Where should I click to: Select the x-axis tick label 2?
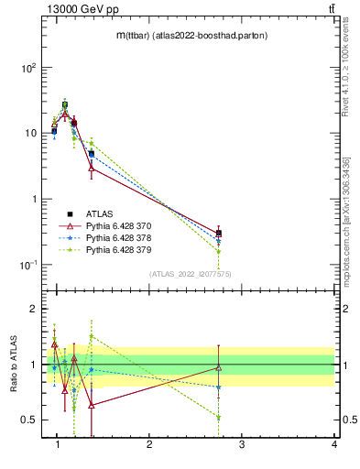(x=149, y=444)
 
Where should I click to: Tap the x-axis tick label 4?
(x=333, y=444)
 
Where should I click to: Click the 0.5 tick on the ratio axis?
(x=27, y=420)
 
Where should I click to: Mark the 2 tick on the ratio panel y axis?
(x=31, y=309)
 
